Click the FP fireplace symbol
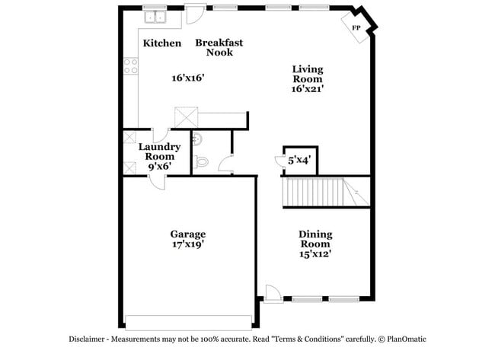[356, 27]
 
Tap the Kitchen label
[162, 43]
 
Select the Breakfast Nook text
[219, 47]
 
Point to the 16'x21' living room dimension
[307, 88]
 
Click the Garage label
[187, 234]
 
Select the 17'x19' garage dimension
[187, 245]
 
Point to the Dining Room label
[315, 240]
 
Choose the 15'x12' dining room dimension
[315, 255]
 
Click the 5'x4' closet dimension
[298, 161]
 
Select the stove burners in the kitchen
[130, 67]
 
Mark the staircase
[324, 193]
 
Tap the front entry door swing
[273, 292]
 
